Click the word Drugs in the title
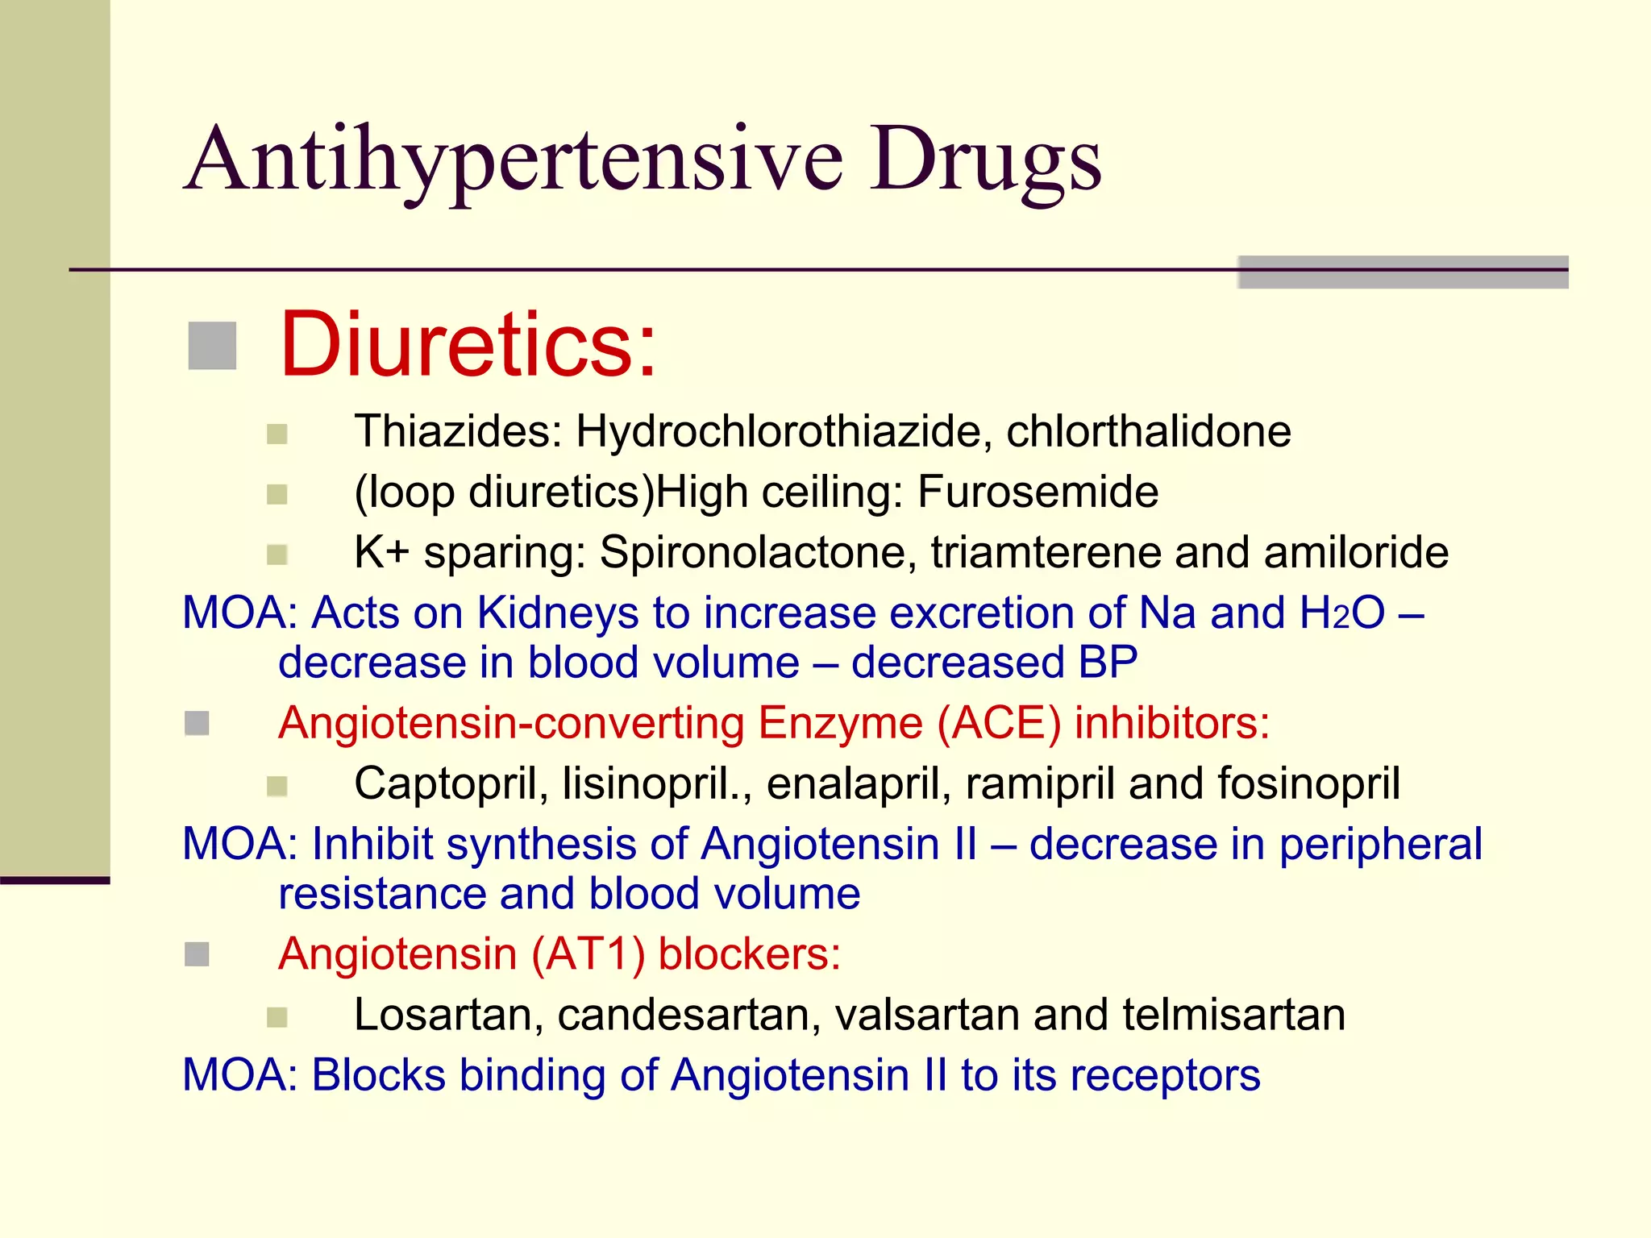(985, 161)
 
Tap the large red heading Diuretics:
(468, 345)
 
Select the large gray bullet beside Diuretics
(212, 346)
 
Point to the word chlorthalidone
(1148, 432)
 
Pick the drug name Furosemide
(1038, 492)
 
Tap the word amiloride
(1356, 553)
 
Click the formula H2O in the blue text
(1342, 613)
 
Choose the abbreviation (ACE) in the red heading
(999, 723)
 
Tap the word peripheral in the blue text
(1380, 845)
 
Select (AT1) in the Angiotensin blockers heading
(588, 954)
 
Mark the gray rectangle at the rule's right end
(1403, 272)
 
